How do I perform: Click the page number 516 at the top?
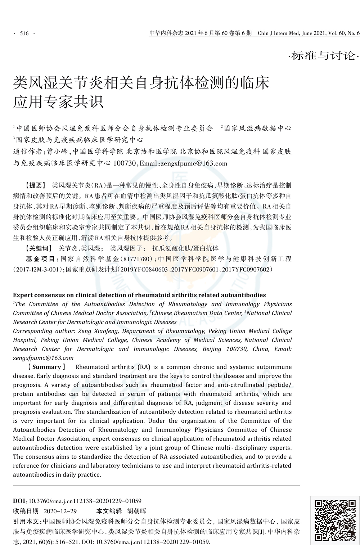[x=24, y=34]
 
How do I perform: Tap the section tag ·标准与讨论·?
[x=323, y=56]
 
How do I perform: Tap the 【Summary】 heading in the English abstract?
[x=47, y=367]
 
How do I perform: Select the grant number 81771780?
[x=138, y=259]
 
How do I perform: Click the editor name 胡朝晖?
[x=137, y=511]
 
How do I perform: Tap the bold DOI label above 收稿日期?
[x=19, y=501]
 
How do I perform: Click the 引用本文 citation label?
[x=27, y=521]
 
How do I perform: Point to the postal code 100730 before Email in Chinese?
[x=124, y=163]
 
